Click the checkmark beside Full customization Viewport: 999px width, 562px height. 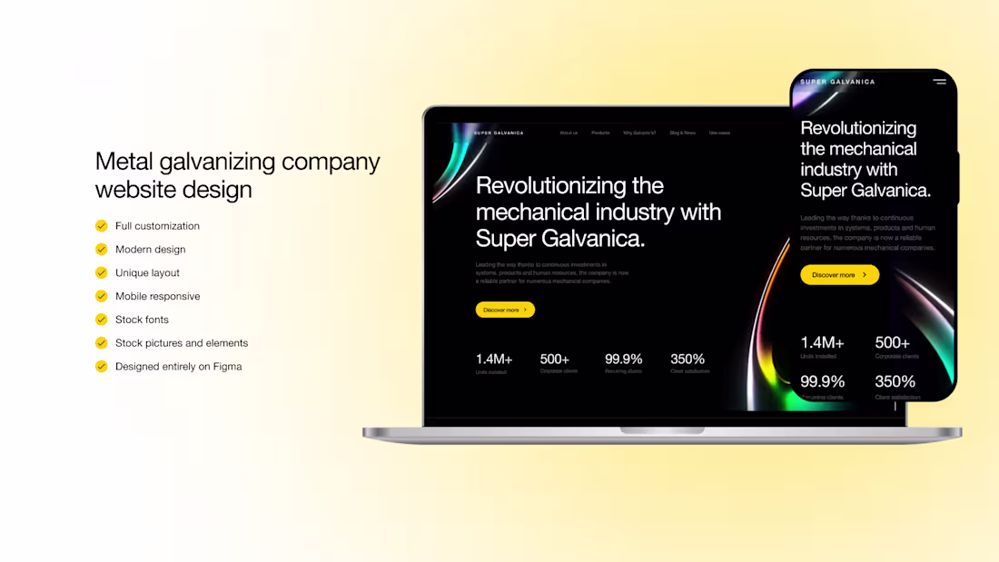[101, 226]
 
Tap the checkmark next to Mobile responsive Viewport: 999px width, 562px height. [101, 296]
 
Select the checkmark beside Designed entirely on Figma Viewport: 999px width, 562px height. [101, 367]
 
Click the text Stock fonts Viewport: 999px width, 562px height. [142, 320]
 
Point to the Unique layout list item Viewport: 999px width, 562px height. [147, 273]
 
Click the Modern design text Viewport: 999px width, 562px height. [150, 250]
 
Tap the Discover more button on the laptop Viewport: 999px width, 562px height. [505, 310]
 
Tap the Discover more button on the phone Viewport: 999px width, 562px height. [839, 274]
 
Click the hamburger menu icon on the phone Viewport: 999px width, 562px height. [939, 82]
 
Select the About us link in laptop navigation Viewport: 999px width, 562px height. [569, 133]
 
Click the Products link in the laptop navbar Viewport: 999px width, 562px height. [600, 133]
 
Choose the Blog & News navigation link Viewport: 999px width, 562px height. [683, 133]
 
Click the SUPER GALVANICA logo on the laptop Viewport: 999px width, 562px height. [499, 133]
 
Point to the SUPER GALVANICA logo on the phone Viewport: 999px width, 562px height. [837, 82]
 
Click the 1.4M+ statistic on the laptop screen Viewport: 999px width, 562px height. [494, 360]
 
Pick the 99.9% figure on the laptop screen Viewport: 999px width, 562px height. [623, 360]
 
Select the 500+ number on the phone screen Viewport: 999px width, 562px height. [892, 342]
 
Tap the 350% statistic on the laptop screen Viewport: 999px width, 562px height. [687, 360]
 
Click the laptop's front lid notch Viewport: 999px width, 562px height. [662, 429]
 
